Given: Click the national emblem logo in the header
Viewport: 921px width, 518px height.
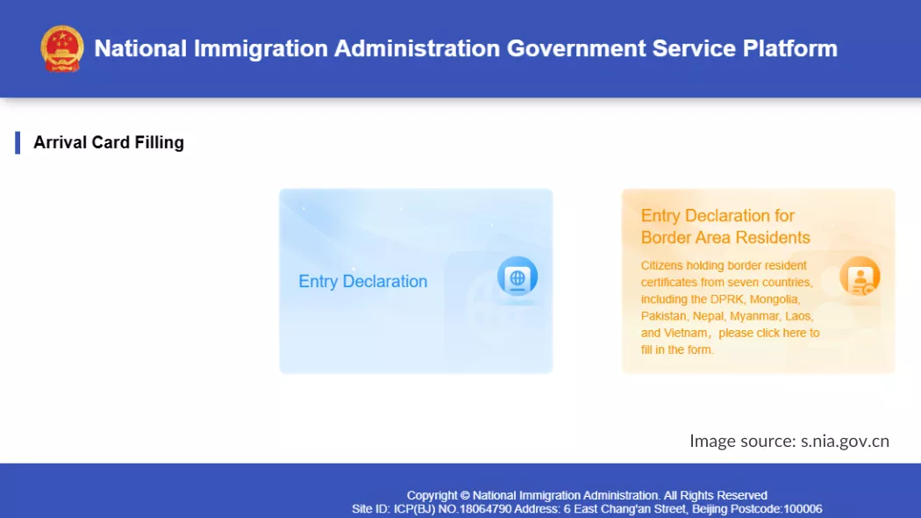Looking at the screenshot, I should [x=62, y=48].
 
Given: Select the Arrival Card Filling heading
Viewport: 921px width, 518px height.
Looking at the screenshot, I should [x=109, y=142].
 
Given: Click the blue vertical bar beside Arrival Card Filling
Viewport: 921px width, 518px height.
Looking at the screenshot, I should [x=18, y=142].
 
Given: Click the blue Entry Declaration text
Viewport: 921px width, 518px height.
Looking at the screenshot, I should [x=363, y=282].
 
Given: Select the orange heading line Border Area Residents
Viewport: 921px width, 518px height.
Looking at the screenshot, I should [x=725, y=238].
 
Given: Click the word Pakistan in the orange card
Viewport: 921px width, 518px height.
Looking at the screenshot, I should [x=664, y=316].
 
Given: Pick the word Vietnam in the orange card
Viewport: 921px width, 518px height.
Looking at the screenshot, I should [x=688, y=334].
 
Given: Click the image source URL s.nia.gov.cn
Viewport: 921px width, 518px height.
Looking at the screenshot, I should [x=845, y=441].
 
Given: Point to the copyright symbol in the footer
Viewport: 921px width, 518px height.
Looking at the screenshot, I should [x=465, y=495].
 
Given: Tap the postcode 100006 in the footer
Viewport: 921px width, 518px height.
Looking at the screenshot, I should [x=803, y=509].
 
